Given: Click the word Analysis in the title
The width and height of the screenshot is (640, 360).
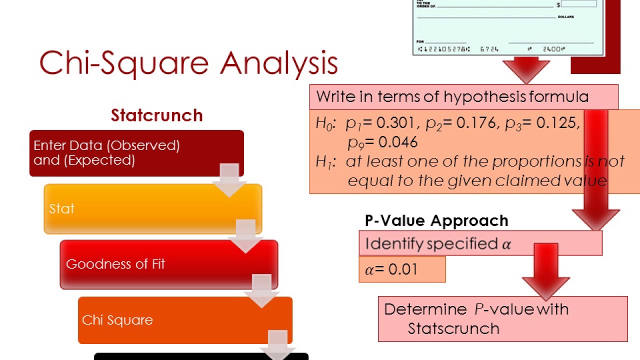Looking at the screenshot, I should (x=278, y=63).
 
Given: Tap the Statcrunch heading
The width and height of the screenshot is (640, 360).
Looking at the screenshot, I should (x=156, y=115).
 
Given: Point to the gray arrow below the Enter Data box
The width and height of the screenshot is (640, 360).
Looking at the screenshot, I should (x=229, y=179).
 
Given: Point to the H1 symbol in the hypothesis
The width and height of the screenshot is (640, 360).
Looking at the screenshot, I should (x=323, y=161).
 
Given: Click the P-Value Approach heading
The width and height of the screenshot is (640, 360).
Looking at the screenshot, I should (x=436, y=220).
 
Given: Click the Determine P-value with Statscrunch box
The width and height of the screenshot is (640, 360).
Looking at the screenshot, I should (x=502, y=318).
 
